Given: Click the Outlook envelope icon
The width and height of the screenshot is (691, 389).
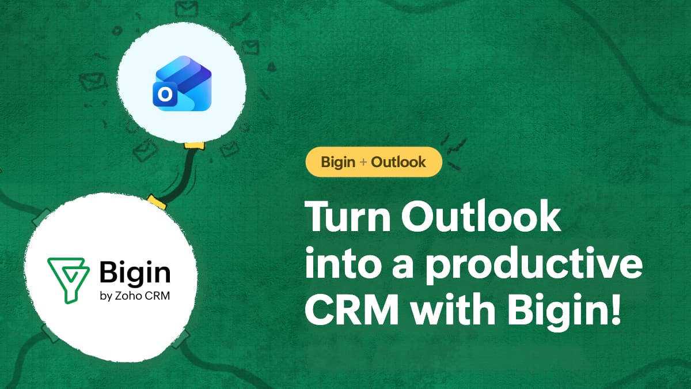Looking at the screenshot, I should click(183, 85).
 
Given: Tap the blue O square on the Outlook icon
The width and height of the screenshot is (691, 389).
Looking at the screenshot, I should click(164, 96).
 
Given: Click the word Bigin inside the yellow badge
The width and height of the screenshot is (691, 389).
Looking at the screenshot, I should click(338, 163).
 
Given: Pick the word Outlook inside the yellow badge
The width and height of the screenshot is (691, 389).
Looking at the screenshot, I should click(398, 163).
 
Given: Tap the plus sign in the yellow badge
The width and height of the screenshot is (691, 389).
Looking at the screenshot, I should click(363, 163).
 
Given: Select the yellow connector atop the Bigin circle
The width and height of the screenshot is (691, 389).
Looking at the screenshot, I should click(156, 201).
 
